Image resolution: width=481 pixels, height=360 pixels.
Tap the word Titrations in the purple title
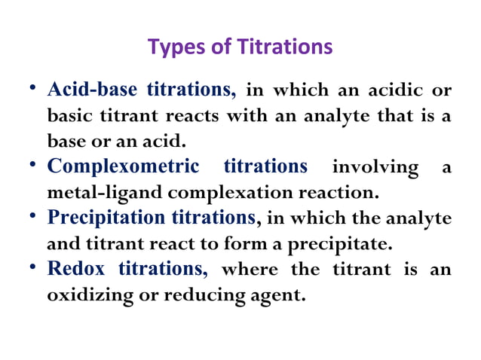pos(286,47)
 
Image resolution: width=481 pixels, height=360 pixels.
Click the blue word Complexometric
pos(124,166)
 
